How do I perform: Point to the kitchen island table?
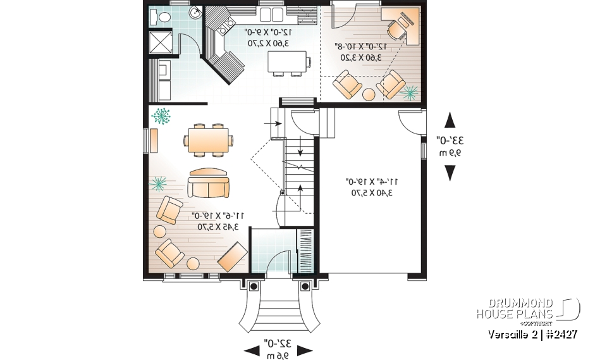288,62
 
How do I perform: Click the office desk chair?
396,27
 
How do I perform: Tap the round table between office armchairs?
369,94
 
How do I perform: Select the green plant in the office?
410,93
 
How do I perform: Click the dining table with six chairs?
209,139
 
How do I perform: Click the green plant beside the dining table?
162,116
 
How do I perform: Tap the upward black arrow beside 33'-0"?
450,120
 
